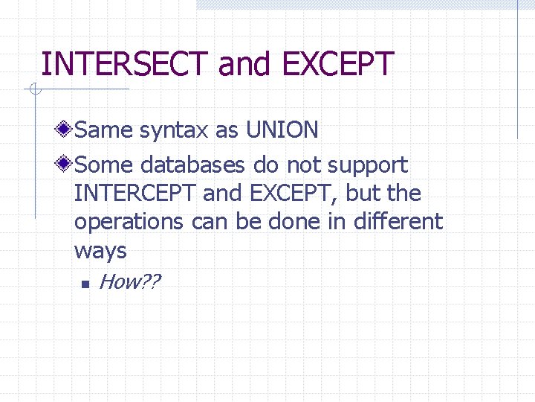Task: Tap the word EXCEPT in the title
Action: pyautogui.click(x=337, y=64)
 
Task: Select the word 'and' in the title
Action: pyautogui.click(x=246, y=64)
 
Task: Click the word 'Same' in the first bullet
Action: pyautogui.click(x=103, y=130)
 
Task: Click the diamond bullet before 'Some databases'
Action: pyautogui.click(x=66, y=164)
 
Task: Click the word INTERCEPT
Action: pyautogui.click(x=135, y=194)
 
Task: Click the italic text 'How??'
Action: pyautogui.click(x=129, y=281)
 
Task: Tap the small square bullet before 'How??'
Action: pyautogui.click(x=85, y=283)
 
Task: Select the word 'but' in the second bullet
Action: pyautogui.click(x=363, y=194)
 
